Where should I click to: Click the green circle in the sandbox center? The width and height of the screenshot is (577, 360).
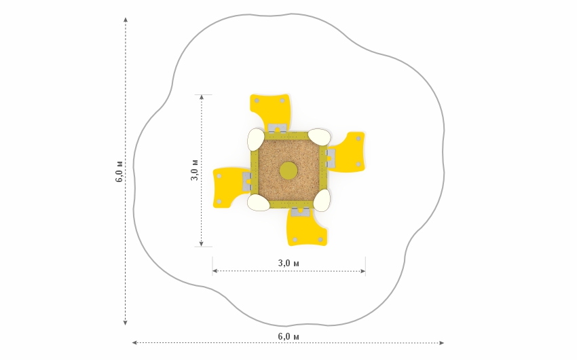[288, 170]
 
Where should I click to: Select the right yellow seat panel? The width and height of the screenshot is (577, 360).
[348, 151]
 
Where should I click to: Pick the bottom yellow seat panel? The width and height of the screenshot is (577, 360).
[307, 228]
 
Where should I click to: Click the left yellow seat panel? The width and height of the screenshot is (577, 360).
[229, 187]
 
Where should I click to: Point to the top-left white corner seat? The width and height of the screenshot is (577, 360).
[255, 139]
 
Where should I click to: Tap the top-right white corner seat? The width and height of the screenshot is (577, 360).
[319, 137]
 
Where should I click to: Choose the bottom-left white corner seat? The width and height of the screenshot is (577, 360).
[259, 202]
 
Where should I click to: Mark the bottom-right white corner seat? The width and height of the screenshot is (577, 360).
[322, 200]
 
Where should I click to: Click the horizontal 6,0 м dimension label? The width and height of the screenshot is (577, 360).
[288, 336]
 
